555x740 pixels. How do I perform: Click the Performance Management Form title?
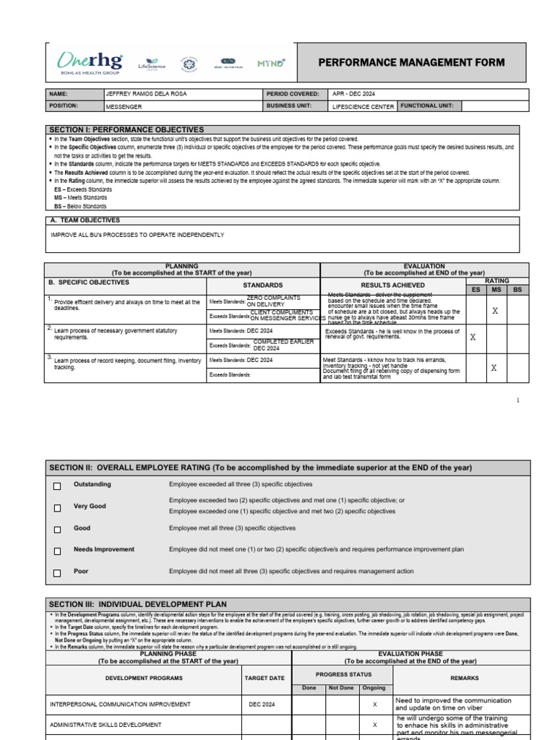pos(412,63)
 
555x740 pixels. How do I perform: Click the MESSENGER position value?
pos(124,106)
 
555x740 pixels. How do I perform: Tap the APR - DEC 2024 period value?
pos(354,94)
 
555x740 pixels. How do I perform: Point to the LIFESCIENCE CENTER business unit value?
pos(362,106)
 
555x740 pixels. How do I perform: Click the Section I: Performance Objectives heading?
pos(126,129)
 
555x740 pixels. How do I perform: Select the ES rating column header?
pos(475,289)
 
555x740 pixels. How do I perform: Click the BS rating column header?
pos(517,289)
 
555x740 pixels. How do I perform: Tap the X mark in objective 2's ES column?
pos(473,337)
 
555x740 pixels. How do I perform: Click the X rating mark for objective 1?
pos(495,311)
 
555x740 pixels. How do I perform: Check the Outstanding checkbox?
pos(57,486)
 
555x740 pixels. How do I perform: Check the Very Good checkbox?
pos(57,509)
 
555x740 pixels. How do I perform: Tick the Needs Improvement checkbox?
pos(57,551)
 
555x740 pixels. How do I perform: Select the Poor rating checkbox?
pos(57,573)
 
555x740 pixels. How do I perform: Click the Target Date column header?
pos(266,678)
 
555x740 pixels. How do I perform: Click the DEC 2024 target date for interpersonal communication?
pos(262,704)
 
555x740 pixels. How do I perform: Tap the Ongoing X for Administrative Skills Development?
pos(374,724)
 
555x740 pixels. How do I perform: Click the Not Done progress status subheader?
pos(340,688)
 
